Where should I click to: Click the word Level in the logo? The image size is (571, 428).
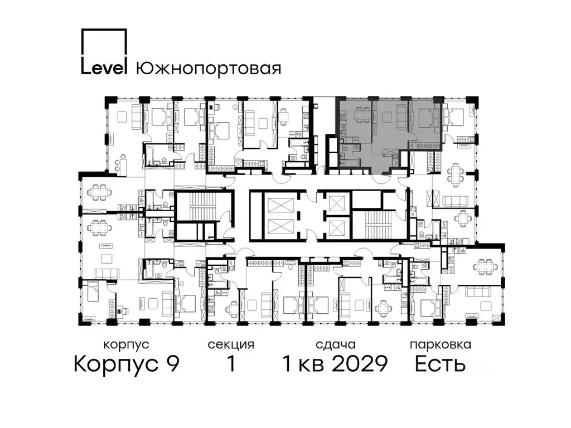104,67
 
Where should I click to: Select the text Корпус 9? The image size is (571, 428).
127,364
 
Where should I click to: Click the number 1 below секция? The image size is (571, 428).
230,364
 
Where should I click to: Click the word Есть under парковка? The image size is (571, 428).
440,364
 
